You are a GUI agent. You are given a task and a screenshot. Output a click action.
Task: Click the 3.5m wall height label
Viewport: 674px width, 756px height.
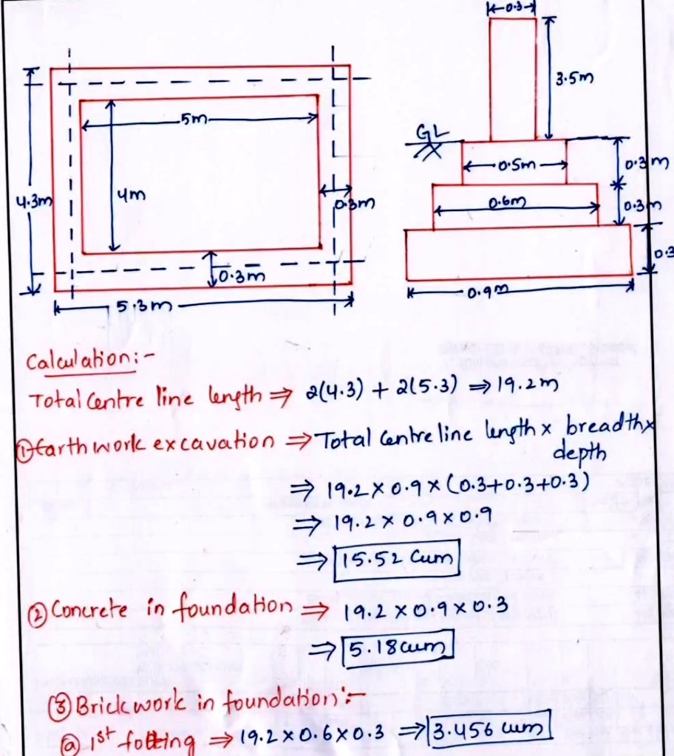[x=577, y=78]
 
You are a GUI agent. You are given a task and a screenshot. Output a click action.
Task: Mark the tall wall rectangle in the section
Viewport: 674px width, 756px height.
[x=513, y=78]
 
